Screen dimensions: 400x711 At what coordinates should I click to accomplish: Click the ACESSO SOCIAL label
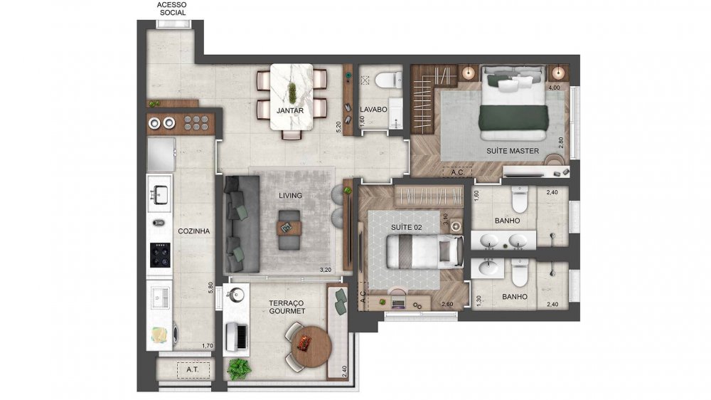(171, 9)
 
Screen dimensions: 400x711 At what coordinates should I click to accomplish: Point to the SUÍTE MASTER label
(513, 151)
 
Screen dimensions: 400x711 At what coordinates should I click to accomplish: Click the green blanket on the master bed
(513, 121)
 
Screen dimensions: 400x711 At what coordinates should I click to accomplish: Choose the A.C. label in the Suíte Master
(456, 172)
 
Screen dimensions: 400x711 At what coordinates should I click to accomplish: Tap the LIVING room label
(291, 195)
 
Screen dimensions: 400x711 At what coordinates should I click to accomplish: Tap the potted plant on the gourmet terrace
(240, 369)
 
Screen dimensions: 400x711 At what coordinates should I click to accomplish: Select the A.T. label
(172, 370)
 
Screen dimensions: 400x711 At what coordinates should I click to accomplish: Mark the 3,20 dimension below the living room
(326, 270)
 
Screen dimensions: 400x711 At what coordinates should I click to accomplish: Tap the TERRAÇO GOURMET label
(287, 307)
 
